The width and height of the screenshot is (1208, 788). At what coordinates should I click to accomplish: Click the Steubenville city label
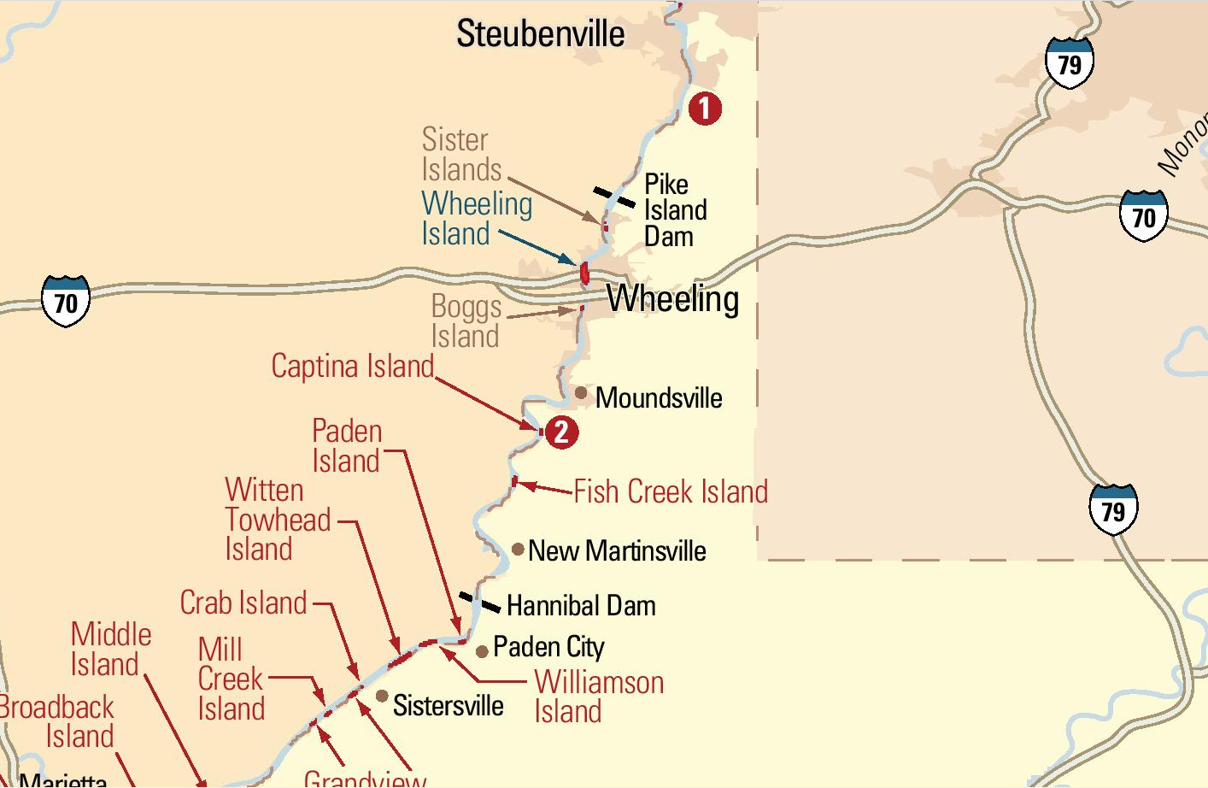click(x=540, y=34)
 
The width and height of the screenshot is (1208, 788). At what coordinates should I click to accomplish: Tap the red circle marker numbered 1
click(x=705, y=109)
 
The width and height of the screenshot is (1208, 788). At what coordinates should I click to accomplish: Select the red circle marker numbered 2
click(x=561, y=432)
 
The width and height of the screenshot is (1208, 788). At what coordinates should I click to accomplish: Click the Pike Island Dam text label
click(x=675, y=210)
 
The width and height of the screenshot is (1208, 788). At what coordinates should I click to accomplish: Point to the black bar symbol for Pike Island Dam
click(x=614, y=197)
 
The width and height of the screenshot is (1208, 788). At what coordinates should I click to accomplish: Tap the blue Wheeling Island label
click(x=476, y=218)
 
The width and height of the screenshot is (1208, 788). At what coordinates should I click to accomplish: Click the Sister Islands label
click(x=461, y=155)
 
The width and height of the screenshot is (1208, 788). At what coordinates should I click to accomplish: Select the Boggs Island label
click(x=466, y=321)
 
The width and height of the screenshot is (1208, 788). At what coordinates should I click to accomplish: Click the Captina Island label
click(x=353, y=366)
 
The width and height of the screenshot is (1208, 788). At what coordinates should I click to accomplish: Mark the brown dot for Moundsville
click(x=581, y=393)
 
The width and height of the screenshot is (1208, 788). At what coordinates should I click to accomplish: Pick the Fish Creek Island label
click(x=671, y=491)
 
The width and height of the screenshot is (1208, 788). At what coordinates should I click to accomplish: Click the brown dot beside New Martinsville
click(x=518, y=549)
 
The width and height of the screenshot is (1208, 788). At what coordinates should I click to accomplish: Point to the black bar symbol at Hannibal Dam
click(x=479, y=602)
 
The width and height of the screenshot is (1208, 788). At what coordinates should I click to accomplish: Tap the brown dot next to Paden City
click(x=482, y=651)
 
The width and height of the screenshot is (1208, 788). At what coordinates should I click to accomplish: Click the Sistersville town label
click(x=448, y=705)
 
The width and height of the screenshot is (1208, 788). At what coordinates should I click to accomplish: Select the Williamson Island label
click(x=598, y=697)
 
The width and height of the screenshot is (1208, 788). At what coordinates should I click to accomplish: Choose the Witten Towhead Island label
click(x=277, y=520)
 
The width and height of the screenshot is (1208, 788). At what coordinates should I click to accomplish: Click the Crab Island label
click(x=243, y=603)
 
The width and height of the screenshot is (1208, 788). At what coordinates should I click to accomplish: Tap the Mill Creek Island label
click(x=231, y=679)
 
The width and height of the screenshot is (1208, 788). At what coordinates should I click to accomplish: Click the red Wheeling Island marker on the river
click(x=584, y=273)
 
